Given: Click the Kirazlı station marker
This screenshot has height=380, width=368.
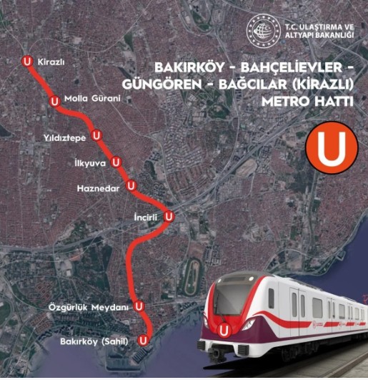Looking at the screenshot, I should [x=27, y=62].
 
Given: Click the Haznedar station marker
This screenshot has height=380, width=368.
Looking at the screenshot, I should [x=131, y=186].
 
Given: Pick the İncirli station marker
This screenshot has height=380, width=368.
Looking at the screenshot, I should [x=169, y=215].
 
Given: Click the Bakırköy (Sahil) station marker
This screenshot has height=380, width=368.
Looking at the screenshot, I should [x=145, y=339].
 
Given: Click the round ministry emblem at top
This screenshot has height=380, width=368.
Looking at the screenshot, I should [x=260, y=29].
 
